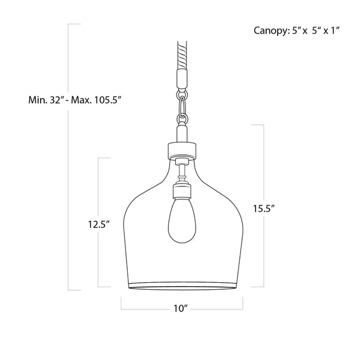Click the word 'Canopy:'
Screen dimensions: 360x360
(270, 30)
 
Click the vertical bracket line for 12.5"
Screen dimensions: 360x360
(99, 192)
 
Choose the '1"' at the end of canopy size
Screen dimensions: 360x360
(333, 30)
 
